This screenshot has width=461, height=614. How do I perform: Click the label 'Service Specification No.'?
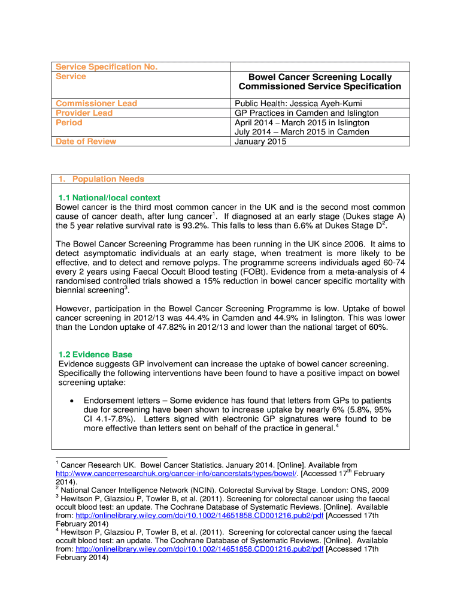coord(107,67)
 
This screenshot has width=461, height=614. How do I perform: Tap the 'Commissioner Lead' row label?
coord(96,103)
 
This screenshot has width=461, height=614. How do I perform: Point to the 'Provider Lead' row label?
coord(84,113)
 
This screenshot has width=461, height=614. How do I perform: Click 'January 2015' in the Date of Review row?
coord(260,142)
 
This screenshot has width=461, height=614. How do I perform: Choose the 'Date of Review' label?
coord(86,142)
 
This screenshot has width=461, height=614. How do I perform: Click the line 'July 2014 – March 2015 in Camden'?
coord(302,132)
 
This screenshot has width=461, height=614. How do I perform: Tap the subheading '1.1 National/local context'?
coord(109,198)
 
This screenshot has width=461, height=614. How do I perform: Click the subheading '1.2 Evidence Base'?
coord(95,354)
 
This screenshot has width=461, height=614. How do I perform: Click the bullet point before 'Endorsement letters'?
coord(72,401)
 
